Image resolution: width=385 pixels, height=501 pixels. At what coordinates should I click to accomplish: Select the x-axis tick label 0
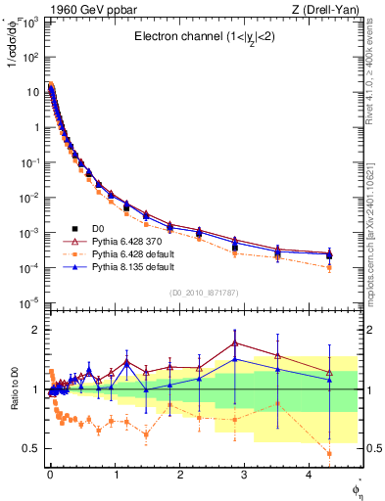tap(50, 480)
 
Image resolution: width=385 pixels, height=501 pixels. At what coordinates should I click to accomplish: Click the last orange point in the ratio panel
tap(329, 453)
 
